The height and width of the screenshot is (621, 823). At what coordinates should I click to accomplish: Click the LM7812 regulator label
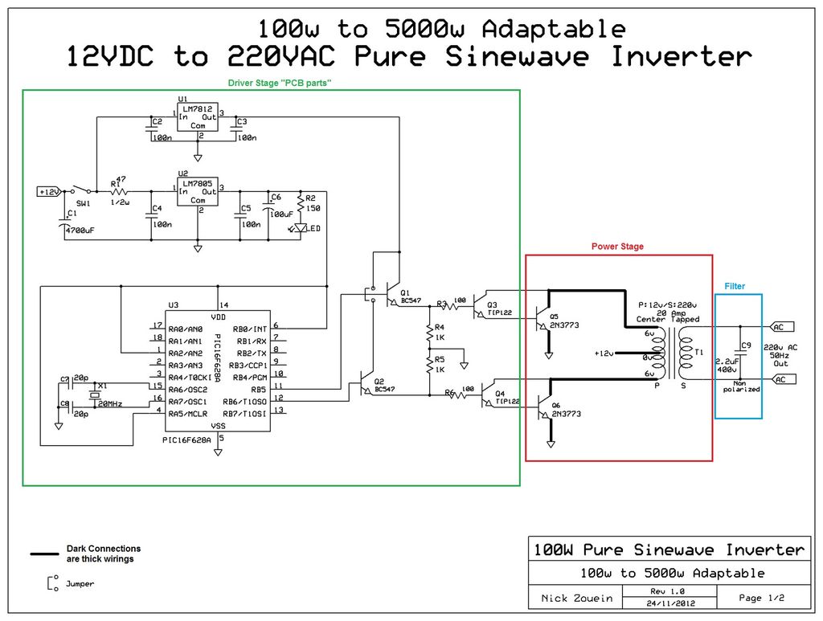pyautogui.click(x=198, y=108)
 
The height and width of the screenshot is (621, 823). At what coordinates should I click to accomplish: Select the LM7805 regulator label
pyautogui.click(x=198, y=182)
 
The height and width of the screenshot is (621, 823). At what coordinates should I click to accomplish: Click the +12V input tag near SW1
pyautogui.click(x=49, y=191)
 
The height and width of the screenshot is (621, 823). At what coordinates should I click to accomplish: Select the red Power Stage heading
pyautogui.click(x=617, y=247)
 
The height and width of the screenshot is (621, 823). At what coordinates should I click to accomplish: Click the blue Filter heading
pyautogui.click(x=735, y=286)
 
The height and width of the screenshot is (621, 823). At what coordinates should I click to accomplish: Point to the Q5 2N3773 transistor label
pyautogui.click(x=566, y=325)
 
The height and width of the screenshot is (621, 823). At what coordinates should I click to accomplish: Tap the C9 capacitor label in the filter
pyautogui.click(x=746, y=345)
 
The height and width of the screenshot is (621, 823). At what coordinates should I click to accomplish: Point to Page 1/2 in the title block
pyautogui.click(x=761, y=598)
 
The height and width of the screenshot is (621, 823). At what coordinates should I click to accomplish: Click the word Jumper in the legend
pyautogui.click(x=80, y=584)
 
